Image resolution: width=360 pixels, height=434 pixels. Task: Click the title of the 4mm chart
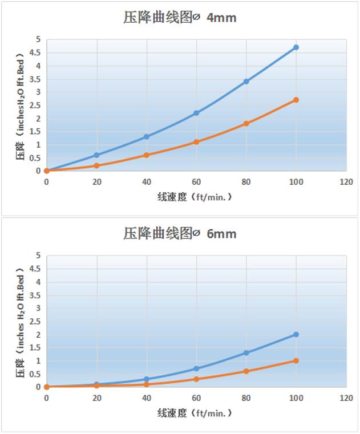tap(180, 18)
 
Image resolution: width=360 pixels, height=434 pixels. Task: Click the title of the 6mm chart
tap(180, 233)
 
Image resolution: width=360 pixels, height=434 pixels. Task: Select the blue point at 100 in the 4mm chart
tap(296, 47)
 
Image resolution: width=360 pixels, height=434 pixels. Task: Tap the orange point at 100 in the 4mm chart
tap(296, 100)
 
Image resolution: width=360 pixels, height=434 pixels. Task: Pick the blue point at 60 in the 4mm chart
tap(196, 113)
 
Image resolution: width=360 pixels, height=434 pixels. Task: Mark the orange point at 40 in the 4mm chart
tap(147, 155)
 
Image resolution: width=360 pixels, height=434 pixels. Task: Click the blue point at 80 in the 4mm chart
tap(246, 82)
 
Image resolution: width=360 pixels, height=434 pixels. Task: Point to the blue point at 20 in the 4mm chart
tap(96, 155)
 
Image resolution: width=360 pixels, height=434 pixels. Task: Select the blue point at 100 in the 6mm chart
tap(296, 335)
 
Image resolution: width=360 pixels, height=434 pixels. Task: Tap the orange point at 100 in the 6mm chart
tap(296, 361)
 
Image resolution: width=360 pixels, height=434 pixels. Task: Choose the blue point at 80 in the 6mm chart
tap(246, 353)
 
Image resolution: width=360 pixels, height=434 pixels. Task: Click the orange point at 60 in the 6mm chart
tap(196, 379)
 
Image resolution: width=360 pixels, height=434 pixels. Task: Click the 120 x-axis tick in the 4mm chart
tap(346, 182)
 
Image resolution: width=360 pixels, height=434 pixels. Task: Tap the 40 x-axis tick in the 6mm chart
tap(147, 398)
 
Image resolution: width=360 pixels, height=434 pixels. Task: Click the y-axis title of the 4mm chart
tap(20, 106)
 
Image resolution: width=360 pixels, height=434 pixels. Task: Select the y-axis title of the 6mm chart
tap(20, 322)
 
